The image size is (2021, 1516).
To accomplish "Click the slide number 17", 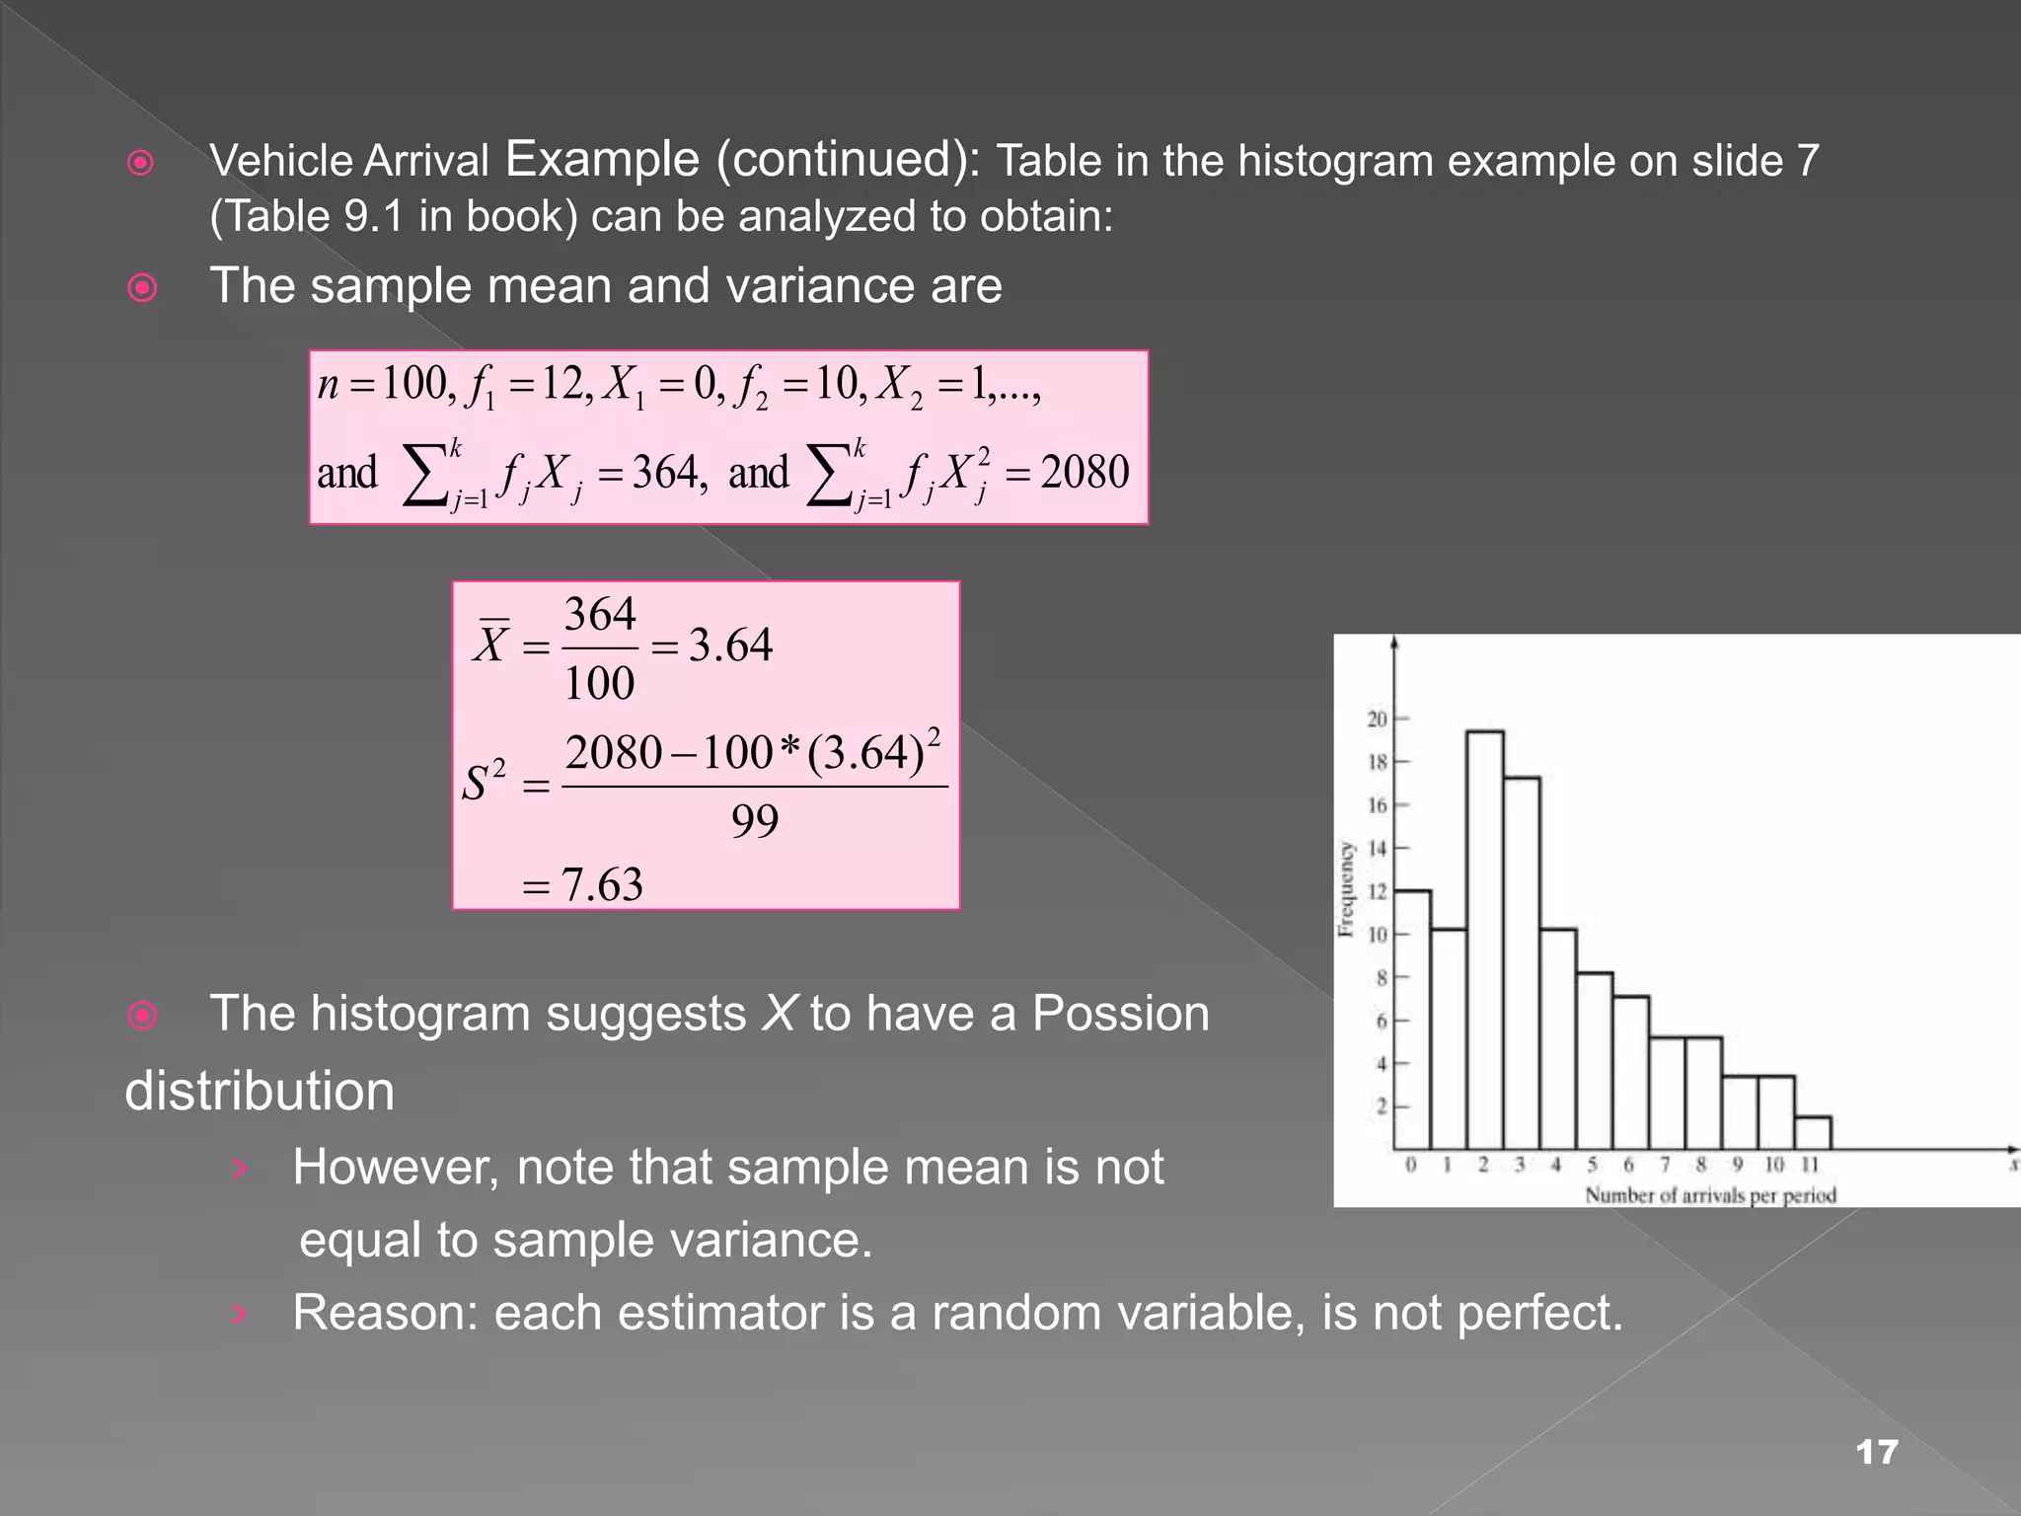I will pyautogui.click(x=1876, y=1452).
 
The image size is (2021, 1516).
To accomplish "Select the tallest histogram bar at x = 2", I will pyautogui.click(x=1484, y=938).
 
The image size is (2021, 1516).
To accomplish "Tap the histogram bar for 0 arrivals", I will pyautogui.click(x=1412, y=1017).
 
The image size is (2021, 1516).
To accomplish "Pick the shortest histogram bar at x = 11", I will pyautogui.click(x=1812, y=1132).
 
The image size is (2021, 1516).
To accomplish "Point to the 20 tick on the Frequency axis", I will pyautogui.click(x=1378, y=719).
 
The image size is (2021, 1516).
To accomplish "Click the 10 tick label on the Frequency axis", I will pyautogui.click(x=1378, y=934).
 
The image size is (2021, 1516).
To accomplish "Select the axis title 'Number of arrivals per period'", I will pyautogui.click(x=1710, y=1195).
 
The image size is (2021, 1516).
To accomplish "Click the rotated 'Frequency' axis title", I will pyautogui.click(x=1346, y=888).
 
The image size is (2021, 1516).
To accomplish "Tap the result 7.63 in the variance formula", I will pyautogui.click(x=602, y=884).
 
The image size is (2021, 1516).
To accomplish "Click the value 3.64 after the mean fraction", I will pyautogui.click(x=730, y=645).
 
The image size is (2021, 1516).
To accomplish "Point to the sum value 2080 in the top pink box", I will pyautogui.click(x=1085, y=472).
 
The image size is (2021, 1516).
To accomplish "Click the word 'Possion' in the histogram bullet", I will pyautogui.click(x=1120, y=1014).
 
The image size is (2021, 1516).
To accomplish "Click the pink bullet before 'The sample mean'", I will pyautogui.click(x=143, y=287).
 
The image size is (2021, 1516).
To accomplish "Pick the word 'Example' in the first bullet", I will pyautogui.click(x=602, y=159).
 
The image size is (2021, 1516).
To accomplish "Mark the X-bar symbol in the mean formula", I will pyautogui.click(x=491, y=644).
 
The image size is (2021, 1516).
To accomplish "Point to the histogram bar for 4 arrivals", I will pyautogui.click(x=1557, y=1038).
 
